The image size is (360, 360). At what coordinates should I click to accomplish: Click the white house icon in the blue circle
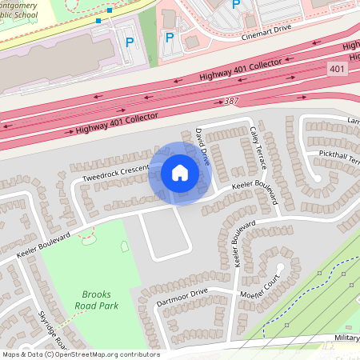coord(179,172)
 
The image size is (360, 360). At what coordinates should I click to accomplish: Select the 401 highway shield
coord(338,70)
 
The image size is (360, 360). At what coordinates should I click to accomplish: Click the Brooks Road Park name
coord(97,299)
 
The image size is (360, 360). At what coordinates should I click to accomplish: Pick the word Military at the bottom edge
coord(347,338)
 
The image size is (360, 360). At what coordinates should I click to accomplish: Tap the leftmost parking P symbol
coord(130,40)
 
